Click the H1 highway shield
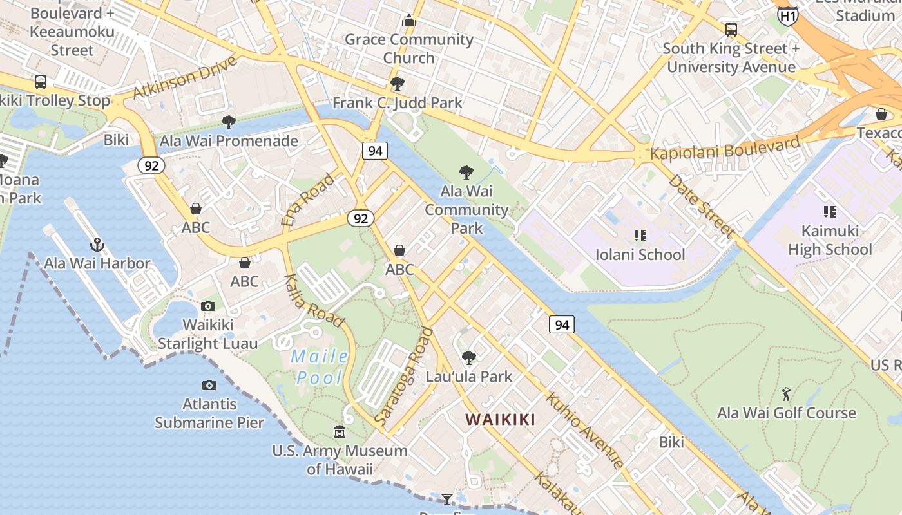tap(787, 16)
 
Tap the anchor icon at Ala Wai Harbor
tap(97, 245)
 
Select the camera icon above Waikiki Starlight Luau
tap(207, 306)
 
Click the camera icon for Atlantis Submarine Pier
tap(209, 385)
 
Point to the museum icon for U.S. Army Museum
tap(340, 431)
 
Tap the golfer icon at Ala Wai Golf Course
tap(786, 394)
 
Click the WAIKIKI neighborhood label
tap(500, 420)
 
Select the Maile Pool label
tap(320, 367)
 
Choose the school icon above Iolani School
tap(640, 236)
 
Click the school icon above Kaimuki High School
tap(830, 211)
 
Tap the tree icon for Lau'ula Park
tap(469, 357)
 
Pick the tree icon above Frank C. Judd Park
tap(397, 84)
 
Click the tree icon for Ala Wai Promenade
tap(228, 122)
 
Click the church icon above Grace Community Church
tap(409, 21)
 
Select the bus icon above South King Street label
tap(731, 30)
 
